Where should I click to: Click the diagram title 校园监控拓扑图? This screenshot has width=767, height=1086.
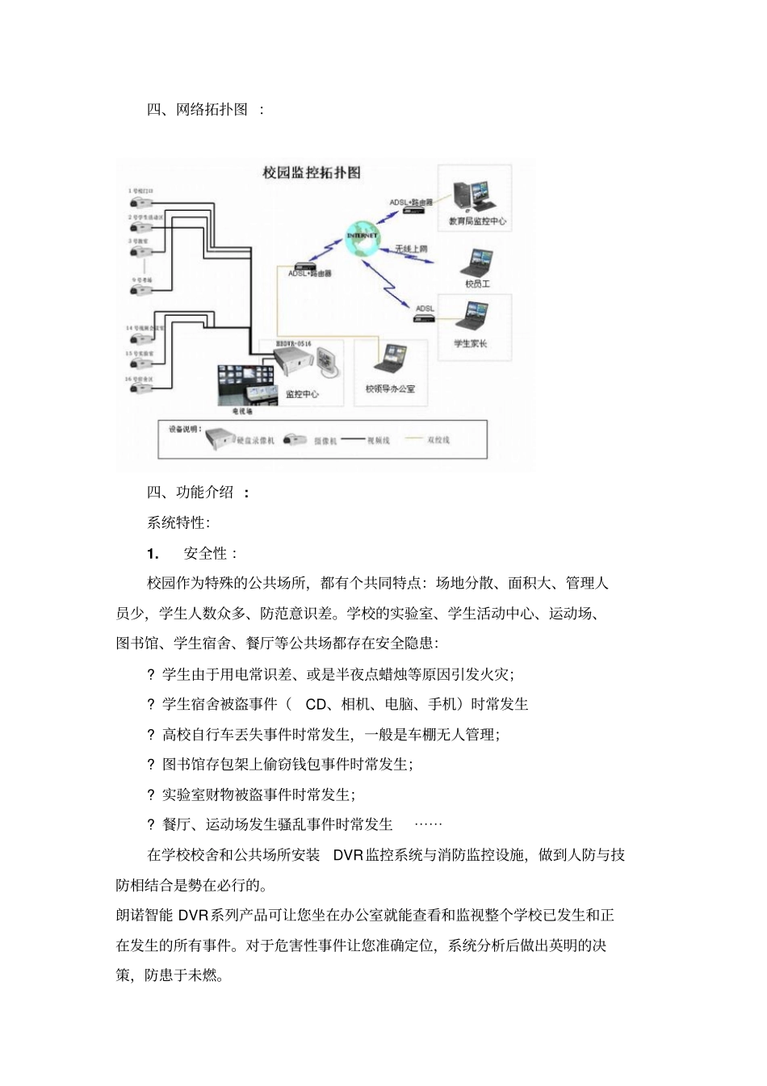(312, 173)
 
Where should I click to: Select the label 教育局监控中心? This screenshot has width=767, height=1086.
(478, 220)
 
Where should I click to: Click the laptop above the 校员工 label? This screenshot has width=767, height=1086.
(477, 262)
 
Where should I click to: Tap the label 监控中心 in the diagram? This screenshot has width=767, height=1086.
(303, 394)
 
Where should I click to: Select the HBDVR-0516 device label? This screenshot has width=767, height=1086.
(292, 344)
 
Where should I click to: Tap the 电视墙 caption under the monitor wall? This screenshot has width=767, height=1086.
(242, 411)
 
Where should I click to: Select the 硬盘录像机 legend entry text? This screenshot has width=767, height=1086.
(256, 440)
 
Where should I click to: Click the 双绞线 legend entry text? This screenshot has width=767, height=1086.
(438, 440)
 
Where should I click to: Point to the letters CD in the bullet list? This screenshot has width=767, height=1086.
(316, 704)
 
